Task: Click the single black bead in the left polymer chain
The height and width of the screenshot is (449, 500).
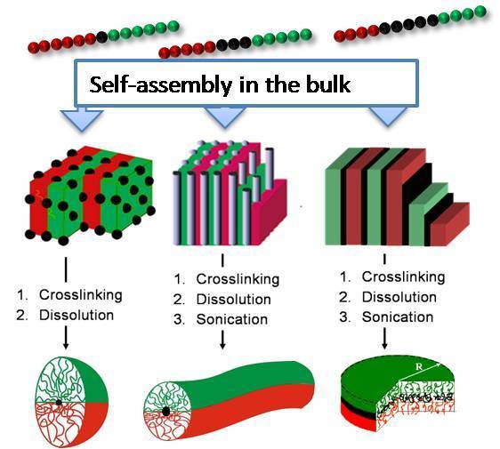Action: pos(101,37)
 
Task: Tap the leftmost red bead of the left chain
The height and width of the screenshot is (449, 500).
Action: pos(33,48)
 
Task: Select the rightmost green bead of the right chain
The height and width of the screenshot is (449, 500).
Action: pos(480,12)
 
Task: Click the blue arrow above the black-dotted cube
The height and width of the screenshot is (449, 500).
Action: pos(82,119)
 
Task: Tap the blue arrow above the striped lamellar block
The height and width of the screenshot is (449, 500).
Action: pos(388,116)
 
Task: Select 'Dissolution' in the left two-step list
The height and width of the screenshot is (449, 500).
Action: pos(77,315)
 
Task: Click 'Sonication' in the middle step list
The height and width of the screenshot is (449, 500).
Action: pos(232,319)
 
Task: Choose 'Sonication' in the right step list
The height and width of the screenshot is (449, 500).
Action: pos(398,317)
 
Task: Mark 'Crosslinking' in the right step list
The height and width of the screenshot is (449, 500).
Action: pos(403,277)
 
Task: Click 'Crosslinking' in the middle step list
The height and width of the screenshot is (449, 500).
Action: pos(238,279)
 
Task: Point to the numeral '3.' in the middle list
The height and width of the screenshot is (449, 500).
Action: pos(179,319)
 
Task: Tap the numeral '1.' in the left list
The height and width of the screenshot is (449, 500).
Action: pos(23,295)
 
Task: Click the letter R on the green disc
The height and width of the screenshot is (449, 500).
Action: pos(419,367)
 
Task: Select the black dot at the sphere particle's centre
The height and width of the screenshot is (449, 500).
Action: pos(59,402)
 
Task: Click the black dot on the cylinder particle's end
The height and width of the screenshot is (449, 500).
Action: pos(165,412)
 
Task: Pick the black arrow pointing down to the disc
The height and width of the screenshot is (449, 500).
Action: pos(384,339)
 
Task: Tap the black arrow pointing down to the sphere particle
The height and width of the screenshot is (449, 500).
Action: pos(66,337)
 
